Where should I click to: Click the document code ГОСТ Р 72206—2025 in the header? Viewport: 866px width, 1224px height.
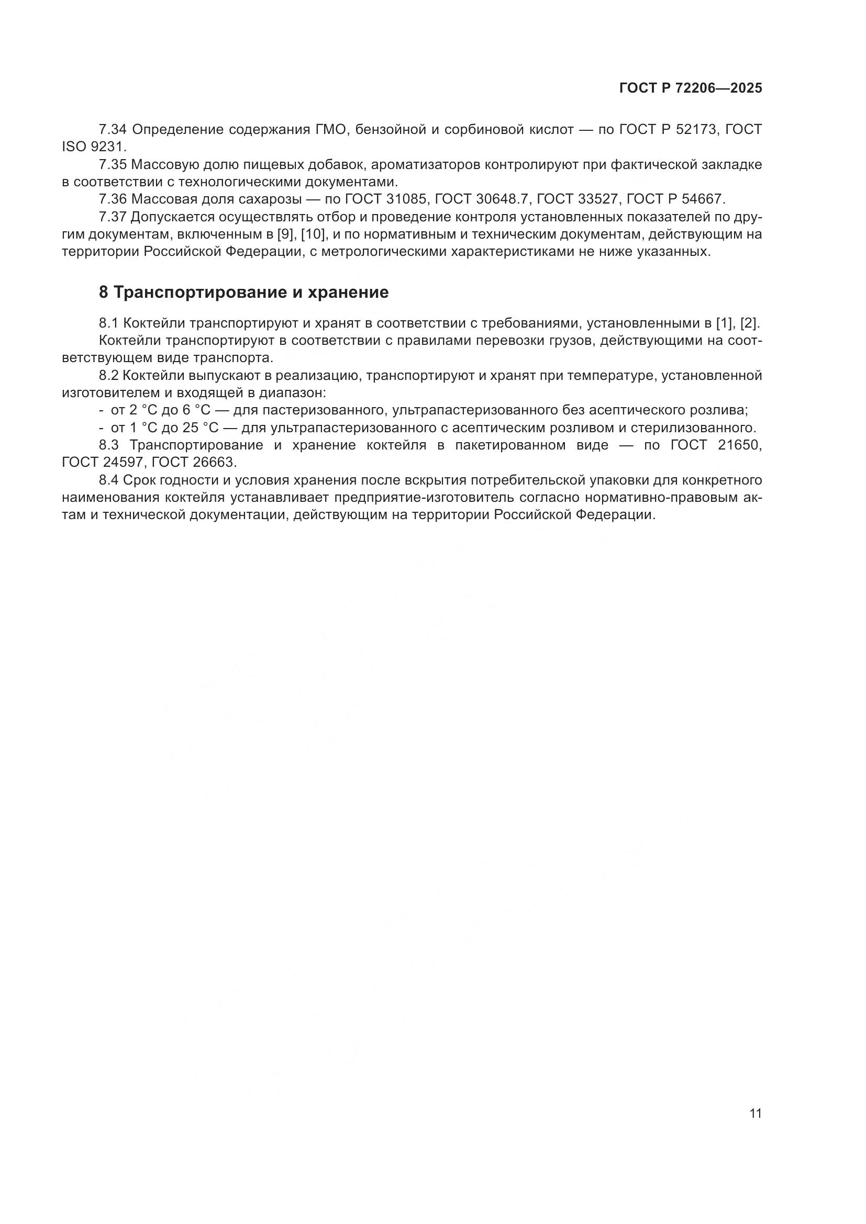pyautogui.click(x=691, y=88)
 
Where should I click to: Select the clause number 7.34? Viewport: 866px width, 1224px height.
pyautogui.click(x=113, y=130)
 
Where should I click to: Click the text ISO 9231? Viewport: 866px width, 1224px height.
pyautogui.click(x=94, y=147)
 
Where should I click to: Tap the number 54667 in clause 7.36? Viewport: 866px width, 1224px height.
pyautogui.click(x=703, y=199)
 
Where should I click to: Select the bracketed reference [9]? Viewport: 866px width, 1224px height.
pyautogui.click(x=287, y=234)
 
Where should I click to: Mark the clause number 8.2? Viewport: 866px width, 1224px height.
pyautogui.click(x=109, y=376)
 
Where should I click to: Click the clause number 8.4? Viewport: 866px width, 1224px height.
pyautogui.click(x=109, y=481)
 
